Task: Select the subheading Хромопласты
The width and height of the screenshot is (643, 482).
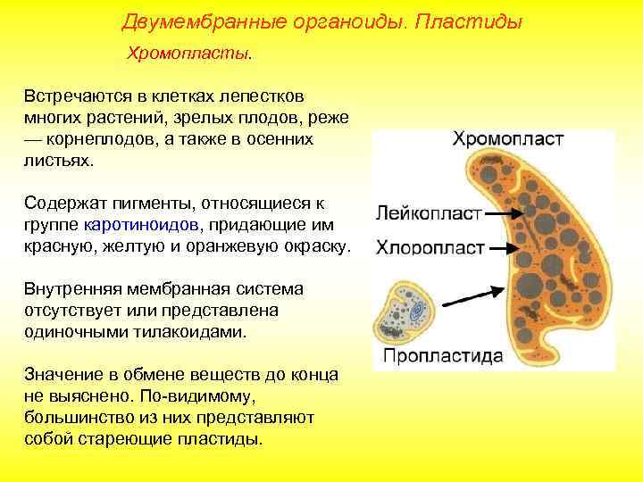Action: [190, 55]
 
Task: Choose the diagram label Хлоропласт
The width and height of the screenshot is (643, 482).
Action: [430, 246]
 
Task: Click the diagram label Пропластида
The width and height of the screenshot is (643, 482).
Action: [443, 355]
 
